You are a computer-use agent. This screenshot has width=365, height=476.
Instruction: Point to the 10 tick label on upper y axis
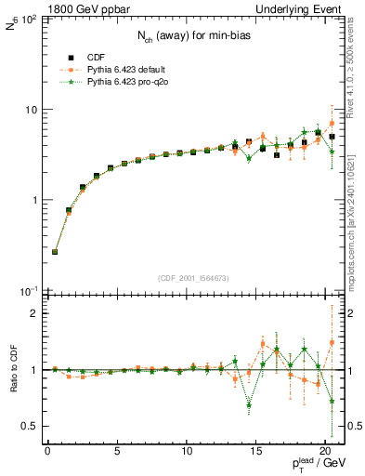click(x=30, y=110)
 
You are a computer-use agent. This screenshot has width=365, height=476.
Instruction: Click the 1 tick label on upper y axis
click(x=33, y=201)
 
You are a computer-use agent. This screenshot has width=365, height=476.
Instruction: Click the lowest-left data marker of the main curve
click(x=55, y=252)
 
